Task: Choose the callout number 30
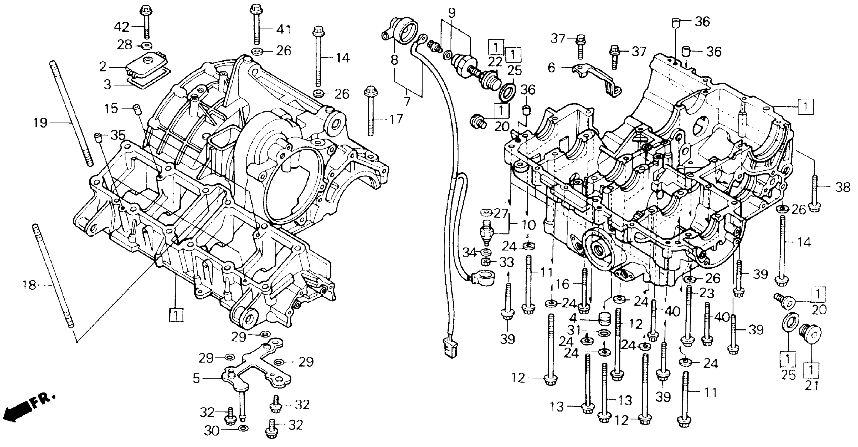212,431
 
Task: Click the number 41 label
284,29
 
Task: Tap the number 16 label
562,284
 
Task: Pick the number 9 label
451,13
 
